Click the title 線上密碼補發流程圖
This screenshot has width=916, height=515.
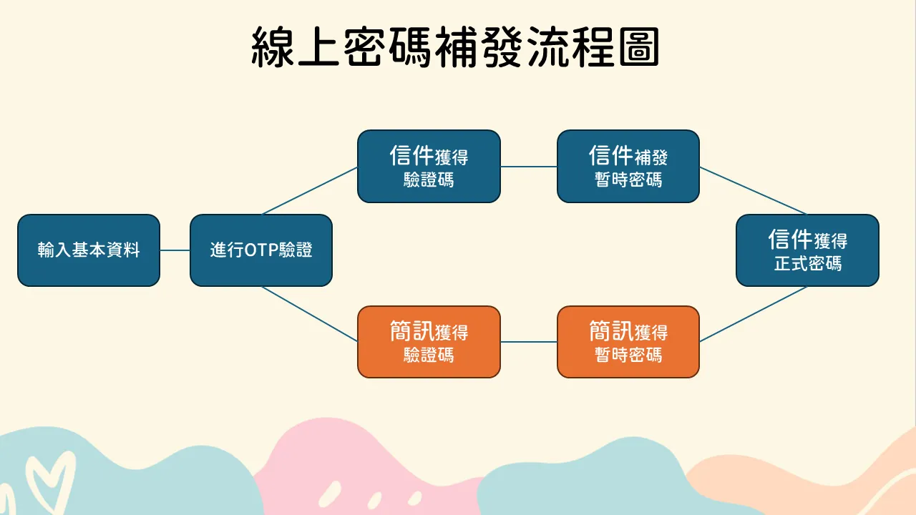coord(455,47)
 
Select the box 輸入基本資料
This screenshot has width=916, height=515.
coord(89,250)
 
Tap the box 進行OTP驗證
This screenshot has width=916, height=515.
coord(261,250)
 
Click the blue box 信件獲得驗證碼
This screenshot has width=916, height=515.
coord(429,167)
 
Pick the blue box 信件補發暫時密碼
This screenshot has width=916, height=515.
coord(628,167)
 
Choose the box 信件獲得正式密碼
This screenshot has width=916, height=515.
coord(808,250)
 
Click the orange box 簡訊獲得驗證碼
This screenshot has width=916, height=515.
coord(429,342)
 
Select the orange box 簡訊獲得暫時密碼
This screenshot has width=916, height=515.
coord(628,342)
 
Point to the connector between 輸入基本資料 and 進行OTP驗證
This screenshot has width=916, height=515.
coord(175,250)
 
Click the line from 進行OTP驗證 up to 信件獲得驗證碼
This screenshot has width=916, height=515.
coord(310,191)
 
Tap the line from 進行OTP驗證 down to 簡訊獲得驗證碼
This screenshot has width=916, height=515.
coord(310,313)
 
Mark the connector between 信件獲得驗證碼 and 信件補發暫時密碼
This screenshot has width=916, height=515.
coord(529,167)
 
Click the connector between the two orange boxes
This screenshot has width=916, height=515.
coord(529,342)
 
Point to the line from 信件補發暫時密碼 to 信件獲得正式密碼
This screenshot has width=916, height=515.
coord(754,190)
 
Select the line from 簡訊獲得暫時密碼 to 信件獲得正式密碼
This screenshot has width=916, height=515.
coord(754,314)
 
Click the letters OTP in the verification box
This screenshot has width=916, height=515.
coord(262,250)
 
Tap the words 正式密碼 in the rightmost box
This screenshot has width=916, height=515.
coord(808,263)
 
